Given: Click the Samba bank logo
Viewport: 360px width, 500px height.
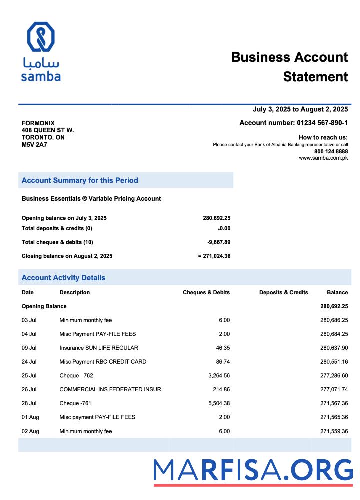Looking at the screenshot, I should tap(41, 51).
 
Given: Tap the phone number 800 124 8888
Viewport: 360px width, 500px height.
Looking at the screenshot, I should tap(331, 151).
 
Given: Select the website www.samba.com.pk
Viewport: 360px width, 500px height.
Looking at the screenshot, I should tap(323, 158).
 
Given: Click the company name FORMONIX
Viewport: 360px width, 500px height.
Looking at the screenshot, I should tap(38, 123).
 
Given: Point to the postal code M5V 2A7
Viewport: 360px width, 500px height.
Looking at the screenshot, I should tap(34, 145).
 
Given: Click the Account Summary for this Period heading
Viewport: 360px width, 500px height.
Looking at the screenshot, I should tap(80, 180).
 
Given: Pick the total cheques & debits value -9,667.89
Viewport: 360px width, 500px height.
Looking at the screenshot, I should tap(219, 242).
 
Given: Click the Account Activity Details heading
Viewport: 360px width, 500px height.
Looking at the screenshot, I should tap(63, 278).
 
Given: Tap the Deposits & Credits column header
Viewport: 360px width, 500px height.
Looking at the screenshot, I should tap(283, 292).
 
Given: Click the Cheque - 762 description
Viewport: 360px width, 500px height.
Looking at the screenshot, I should tap(76, 375).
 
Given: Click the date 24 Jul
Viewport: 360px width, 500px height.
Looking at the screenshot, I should tap(29, 362).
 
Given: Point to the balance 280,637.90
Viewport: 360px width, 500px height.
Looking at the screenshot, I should tap(334, 348).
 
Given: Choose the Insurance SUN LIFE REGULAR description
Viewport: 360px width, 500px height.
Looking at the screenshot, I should tap(99, 348).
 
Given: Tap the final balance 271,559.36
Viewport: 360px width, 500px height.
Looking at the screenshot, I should tap(334, 431).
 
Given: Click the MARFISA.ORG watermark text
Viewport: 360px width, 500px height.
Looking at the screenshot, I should tap(253, 471).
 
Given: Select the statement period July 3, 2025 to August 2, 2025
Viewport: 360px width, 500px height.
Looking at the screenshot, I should tap(300, 109).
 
